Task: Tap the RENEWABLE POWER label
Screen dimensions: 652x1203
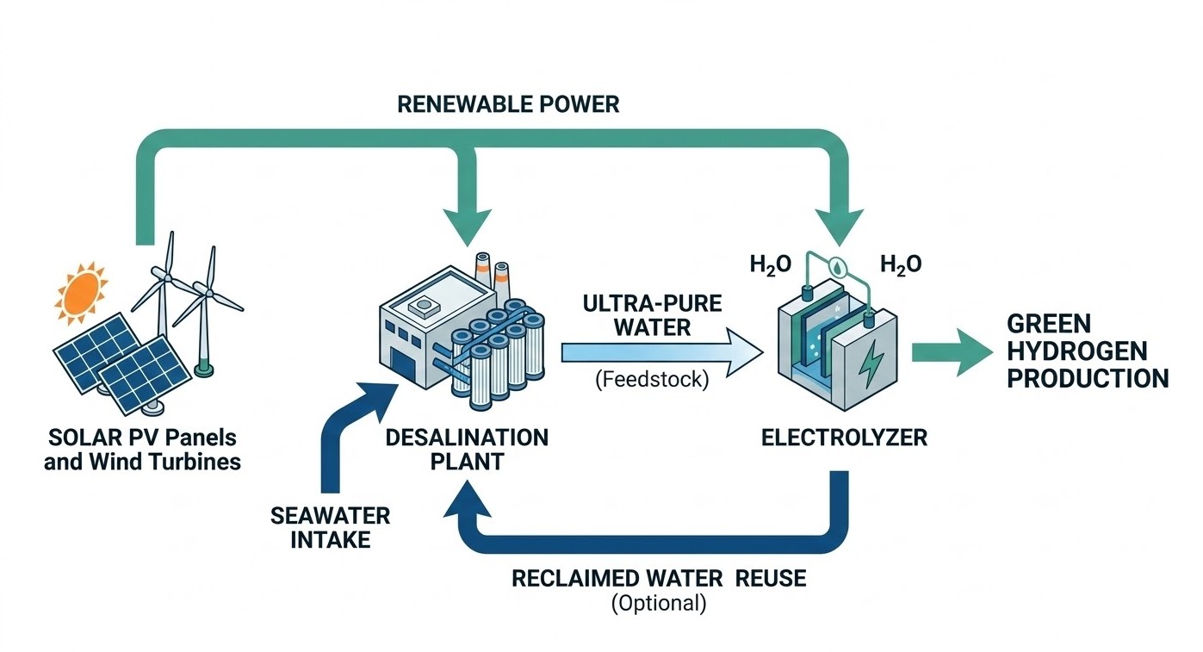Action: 507,104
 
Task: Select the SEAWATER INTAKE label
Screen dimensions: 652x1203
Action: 330,528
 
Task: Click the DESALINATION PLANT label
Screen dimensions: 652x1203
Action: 467,449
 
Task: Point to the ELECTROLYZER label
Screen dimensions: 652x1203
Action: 844,438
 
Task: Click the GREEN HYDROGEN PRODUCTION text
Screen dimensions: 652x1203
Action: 1087,351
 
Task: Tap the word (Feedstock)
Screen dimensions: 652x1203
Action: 652,380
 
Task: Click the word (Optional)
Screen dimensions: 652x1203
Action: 659,604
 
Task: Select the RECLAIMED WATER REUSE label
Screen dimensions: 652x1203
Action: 659,578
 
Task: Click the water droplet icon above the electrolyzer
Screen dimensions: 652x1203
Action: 834,266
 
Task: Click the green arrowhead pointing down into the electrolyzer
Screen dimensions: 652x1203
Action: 847,229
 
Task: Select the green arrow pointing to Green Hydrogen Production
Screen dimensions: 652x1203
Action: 946,352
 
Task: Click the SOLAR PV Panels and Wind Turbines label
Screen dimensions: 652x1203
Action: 142,449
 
